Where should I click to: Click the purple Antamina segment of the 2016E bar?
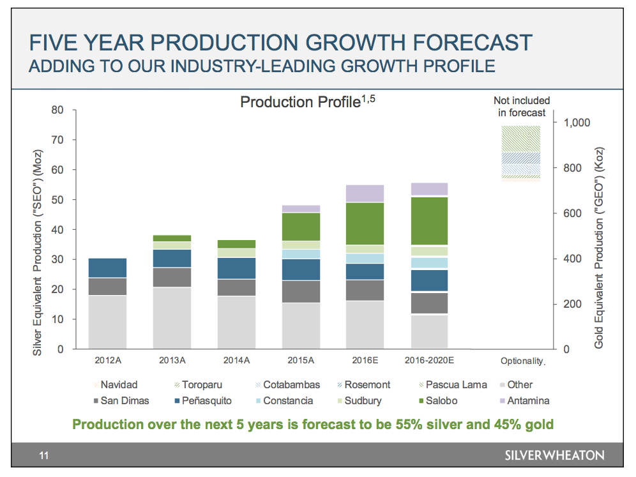(365, 193)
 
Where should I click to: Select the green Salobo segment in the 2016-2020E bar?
(429, 221)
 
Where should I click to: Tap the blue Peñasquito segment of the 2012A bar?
(107, 268)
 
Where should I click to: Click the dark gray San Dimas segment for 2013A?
(172, 277)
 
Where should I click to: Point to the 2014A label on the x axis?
(236, 360)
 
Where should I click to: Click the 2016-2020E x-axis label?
(429, 360)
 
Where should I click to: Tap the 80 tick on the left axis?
(57, 110)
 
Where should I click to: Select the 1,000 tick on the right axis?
(577, 123)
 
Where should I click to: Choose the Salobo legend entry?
(435, 401)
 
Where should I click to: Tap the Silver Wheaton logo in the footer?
(554, 455)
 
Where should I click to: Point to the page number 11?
(43, 455)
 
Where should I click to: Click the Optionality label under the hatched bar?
(522, 361)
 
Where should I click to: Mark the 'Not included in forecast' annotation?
(521, 107)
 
